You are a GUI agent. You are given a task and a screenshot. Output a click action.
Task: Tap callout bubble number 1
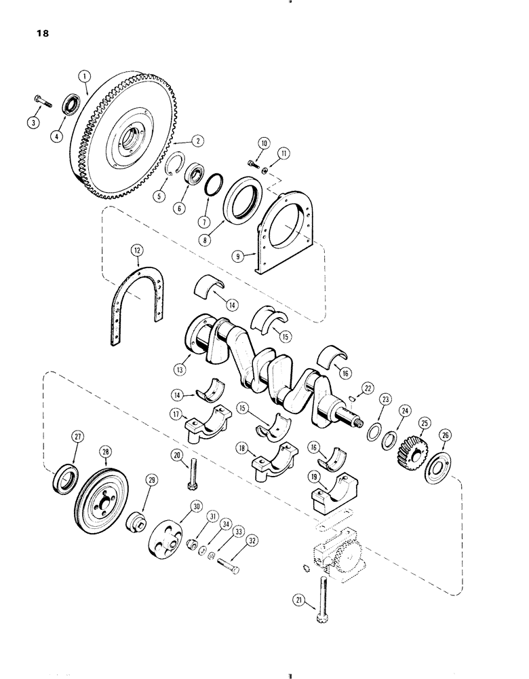[83, 78]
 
